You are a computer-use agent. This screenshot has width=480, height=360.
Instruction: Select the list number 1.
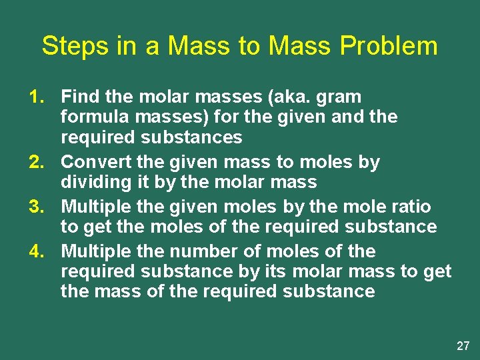37,97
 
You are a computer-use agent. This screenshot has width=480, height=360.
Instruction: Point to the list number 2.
37,162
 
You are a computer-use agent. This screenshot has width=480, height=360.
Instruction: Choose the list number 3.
37,207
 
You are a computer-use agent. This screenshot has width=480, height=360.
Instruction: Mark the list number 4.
37,251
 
